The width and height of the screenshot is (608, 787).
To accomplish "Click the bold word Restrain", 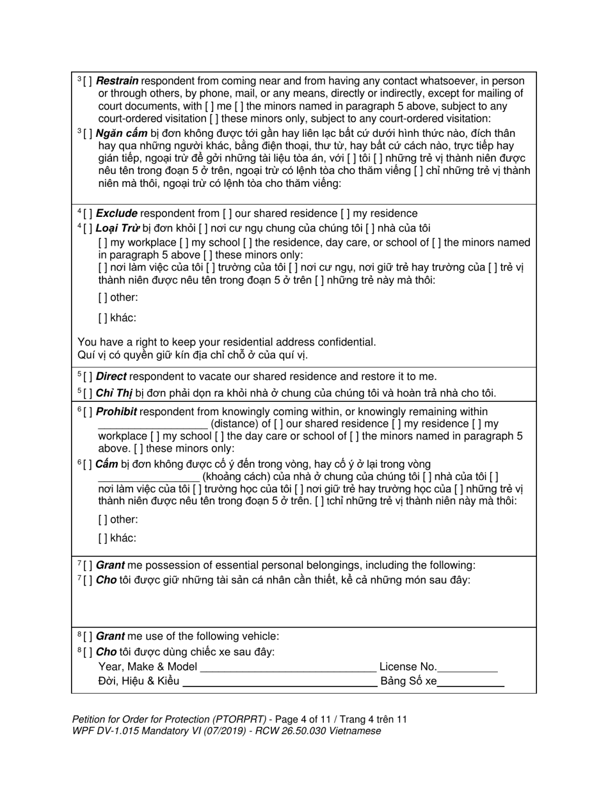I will (x=117, y=81).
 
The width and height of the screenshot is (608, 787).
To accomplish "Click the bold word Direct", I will (x=111, y=376).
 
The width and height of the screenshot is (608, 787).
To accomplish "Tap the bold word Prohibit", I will (x=116, y=412).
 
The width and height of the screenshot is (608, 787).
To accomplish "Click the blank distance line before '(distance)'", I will (x=152, y=425).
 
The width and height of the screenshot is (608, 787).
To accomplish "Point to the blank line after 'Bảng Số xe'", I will (x=470, y=682).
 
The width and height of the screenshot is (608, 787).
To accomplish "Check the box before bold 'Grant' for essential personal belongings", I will (x=88, y=566).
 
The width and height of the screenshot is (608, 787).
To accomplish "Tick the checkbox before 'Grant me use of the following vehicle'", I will (x=88, y=637).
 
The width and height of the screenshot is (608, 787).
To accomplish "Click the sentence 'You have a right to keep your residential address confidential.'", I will (x=227, y=342).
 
